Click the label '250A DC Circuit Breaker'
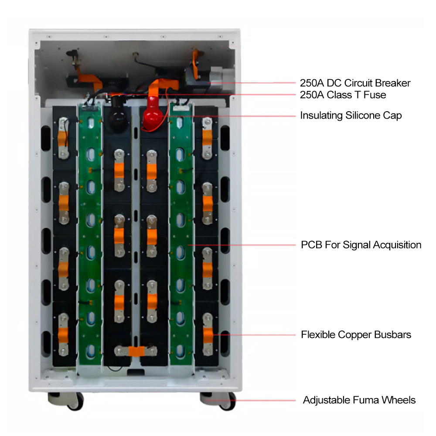point(355,83)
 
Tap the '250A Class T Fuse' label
point(343,95)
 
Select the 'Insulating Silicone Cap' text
point(351,116)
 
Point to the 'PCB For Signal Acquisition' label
point(361,245)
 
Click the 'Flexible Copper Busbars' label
point(356,335)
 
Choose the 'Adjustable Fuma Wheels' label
point(359,400)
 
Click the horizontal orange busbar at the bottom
point(136,351)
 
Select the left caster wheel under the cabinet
point(66,401)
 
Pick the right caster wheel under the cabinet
point(218,401)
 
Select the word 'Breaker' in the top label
point(393,83)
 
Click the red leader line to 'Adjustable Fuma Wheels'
point(252,401)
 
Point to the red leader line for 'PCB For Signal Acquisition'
point(242,245)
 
